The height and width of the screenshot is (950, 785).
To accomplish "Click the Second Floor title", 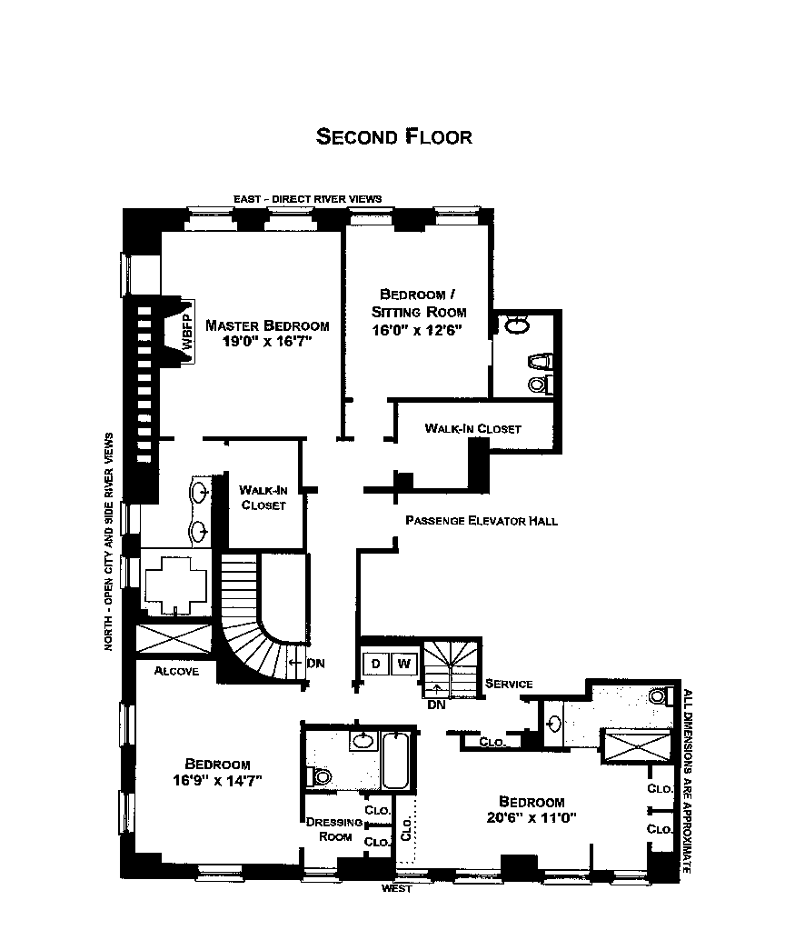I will pos(393,137).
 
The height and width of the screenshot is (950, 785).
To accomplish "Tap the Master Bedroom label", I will pos(267,325).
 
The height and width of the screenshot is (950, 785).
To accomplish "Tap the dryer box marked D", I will pos(375,665).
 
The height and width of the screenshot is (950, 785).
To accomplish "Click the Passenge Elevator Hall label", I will pos(481,521).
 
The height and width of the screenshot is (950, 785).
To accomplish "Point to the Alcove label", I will pos(176,671).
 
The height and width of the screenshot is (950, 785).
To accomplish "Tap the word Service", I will pos(509,684).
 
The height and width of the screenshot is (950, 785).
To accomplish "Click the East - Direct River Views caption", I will pos(307,198).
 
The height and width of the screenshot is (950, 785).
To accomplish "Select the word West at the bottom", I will pos(397,888).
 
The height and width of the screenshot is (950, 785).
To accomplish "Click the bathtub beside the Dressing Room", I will pos(397,762).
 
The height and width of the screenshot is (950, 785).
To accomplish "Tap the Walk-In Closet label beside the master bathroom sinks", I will pos(263,497).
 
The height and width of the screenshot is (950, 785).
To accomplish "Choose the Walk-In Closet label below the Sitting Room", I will pos(472,428).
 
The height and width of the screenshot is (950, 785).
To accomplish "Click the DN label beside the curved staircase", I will pos(315,663).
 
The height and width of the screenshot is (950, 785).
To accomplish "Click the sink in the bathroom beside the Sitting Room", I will pos(516,325).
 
